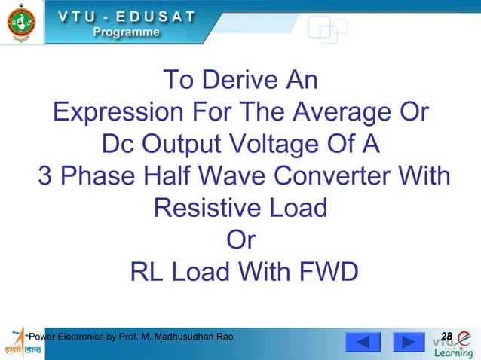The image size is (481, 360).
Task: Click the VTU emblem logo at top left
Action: (x=21, y=23)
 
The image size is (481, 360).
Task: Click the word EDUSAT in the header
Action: (x=156, y=16)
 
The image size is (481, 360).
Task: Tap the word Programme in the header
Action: (x=126, y=32)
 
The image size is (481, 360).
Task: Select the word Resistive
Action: (x=205, y=207)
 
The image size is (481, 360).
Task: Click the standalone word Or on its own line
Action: (x=240, y=239)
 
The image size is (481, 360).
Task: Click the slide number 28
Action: (x=446, y=335)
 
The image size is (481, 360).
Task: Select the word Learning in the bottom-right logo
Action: (x=453, y=352)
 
